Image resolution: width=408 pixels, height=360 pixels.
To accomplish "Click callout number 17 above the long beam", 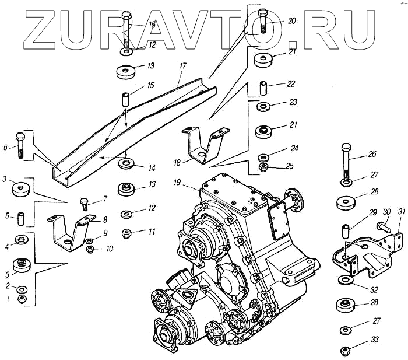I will pos(182,66).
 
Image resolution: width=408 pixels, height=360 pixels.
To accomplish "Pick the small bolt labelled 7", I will pos(83,204).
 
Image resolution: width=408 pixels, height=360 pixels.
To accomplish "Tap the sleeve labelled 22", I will pos(263,88).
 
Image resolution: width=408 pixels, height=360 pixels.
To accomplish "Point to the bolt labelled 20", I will pos(262,20).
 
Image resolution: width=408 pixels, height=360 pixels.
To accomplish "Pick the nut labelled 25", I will pos(263,168).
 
